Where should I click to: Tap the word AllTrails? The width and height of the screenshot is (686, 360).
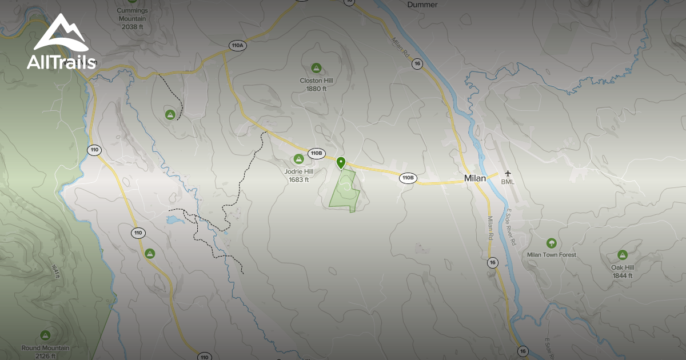coord(61,62)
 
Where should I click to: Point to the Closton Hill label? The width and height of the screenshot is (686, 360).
coord(316,85)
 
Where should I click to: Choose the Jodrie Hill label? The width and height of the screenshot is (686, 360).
coord(298,175)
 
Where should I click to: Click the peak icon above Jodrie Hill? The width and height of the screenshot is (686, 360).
coord(298,159)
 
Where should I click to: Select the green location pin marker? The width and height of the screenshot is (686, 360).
coord(341,163)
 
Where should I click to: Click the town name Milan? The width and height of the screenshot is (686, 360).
coord(474,178)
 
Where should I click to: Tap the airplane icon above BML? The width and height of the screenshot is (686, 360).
coord(508,174)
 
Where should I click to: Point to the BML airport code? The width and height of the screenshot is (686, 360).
coord(508,182)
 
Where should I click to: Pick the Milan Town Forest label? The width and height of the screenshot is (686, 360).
coord(552,255)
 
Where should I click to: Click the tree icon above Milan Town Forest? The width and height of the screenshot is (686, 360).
coord(551,243)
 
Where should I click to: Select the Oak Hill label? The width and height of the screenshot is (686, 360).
coord(622,271)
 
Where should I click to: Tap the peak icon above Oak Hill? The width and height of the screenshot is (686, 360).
coord(622,255)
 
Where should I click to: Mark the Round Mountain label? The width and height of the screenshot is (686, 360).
coord(46,351)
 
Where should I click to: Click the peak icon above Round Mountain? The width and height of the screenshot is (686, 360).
coord(46,335)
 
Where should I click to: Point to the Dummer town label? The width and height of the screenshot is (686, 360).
coord(422,5)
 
